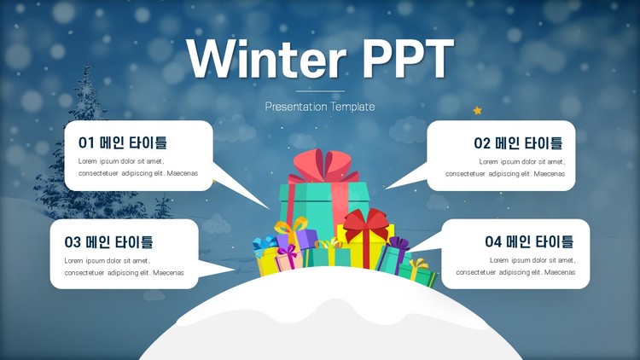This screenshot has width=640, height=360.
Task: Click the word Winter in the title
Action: point(266,58)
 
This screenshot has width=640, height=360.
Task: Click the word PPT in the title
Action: point(408,59)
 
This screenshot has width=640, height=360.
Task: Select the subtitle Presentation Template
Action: point(320,107)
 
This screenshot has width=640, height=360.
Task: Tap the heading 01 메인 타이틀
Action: point(122,142)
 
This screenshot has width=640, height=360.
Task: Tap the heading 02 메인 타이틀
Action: point(518,142)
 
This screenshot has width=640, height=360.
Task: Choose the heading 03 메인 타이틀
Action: point(108,241)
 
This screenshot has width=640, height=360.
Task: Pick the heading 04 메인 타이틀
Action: point(529,241)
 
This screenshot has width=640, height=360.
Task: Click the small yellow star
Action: point(477,110)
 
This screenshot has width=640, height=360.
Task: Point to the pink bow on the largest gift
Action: point(323,166)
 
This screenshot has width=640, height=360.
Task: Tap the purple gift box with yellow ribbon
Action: point(296,237)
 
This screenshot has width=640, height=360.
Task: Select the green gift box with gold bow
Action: point(417,273)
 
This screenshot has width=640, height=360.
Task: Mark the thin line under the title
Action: point(320,91)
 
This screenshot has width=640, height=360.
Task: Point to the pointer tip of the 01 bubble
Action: point(269,209)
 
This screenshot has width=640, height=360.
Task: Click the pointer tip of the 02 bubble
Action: point(386,189)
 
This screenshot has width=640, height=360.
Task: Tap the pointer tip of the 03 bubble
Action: point(235,270)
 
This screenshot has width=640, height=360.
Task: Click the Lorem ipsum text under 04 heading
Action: point(515,266)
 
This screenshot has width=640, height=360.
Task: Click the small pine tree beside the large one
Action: point(162,206)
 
